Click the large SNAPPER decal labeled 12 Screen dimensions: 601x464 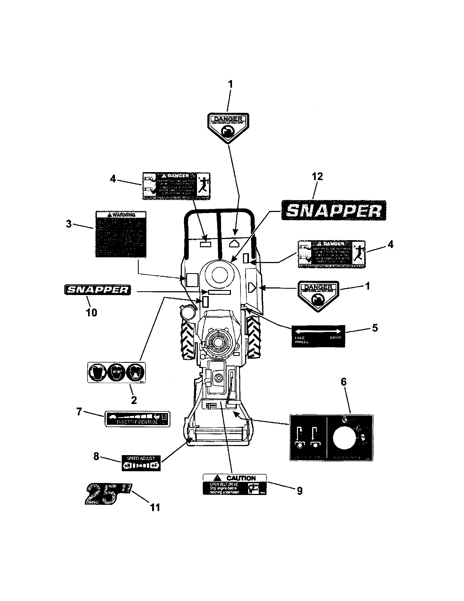tap(333, 210)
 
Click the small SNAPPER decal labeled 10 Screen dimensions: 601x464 tap(98, 290)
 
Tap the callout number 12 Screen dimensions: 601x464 tap(317, 176)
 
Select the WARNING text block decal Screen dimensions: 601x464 tap(121, 234)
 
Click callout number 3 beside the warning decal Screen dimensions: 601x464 tap(69, 224)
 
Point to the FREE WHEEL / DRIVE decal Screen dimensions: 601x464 tap(318, 336)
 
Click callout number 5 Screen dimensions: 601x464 tap(375, 328)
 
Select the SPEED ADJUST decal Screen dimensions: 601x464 tap(141, 462)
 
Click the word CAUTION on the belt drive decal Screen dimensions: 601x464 tap(241, 478)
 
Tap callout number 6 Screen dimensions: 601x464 tap(344, 382)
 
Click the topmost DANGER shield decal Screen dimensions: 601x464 tap(228, 127)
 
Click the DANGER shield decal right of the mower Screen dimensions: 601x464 tap(318, 295)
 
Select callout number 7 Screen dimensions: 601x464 tap(79, 412)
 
